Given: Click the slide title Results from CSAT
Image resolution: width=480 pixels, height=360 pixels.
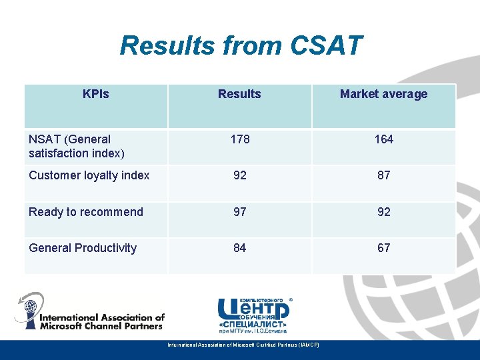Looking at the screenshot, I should click(x=241, y=46).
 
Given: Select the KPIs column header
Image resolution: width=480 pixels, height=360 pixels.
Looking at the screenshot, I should click(x=95, y=94).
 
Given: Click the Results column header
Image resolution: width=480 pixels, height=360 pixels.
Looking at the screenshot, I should click(x=239, y=94).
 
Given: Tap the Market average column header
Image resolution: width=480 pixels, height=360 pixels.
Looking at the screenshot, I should click(x=383, y=94).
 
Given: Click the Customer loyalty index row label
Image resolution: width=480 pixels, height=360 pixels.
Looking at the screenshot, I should click(x=89, y=175).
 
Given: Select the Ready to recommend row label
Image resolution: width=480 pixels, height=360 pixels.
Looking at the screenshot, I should click(x=85, y=212).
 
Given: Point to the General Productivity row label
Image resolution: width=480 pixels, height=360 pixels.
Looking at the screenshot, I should click(x=83, y=248).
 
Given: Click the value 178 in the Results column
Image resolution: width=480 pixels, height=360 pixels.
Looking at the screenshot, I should click(x=239, y=139).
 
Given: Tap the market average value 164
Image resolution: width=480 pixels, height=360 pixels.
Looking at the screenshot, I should click(x=383, y=139).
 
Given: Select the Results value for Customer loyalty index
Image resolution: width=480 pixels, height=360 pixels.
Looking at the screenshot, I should click(x=239, y=175).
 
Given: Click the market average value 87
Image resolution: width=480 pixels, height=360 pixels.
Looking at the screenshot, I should click(x=383, y=175).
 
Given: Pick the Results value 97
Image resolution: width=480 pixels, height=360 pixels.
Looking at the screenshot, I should click(x=239, y=212).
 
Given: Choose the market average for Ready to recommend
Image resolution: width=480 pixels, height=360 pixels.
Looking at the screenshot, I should click(x=383, y=212).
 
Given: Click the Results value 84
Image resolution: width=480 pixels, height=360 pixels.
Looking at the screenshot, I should click(x=239, y=248).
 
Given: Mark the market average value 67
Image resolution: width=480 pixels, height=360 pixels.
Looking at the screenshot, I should click(x=383, y=248).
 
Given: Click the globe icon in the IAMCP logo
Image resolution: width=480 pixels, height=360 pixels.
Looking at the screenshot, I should click(x=30, y=309).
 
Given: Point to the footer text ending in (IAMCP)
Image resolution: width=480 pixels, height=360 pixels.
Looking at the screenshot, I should click(x=243, y=345).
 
